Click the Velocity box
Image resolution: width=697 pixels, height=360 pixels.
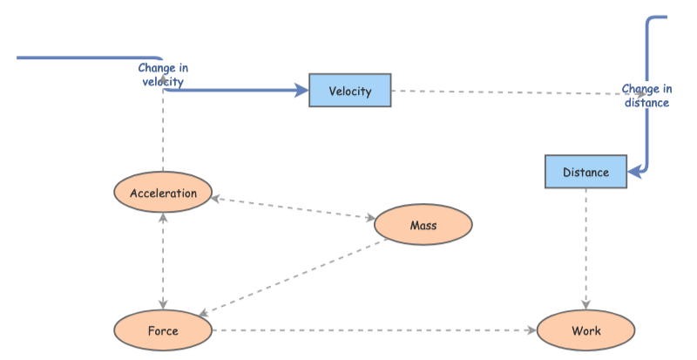point(350,91)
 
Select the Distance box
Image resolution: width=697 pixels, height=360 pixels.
point(585,172)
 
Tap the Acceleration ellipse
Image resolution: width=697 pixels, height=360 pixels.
point(163,194)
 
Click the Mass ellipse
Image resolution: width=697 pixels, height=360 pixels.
point(423,226)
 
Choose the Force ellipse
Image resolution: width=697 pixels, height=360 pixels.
point(163,330)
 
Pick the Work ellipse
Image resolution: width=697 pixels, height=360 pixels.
point(585,330)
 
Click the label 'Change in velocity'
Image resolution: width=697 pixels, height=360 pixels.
point(163,75)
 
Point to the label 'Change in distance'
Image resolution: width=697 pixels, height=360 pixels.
point(646,95)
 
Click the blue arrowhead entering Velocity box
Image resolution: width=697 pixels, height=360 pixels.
point(302,90)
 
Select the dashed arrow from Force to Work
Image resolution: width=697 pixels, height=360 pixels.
point(375,330)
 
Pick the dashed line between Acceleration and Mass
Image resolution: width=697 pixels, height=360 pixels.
point(293,207)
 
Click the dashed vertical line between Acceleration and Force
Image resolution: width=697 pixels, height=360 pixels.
point(163,262)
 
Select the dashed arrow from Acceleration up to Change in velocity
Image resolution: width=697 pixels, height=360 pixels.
point(163,131)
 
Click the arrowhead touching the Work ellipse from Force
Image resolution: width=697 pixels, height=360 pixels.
point(532,330)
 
